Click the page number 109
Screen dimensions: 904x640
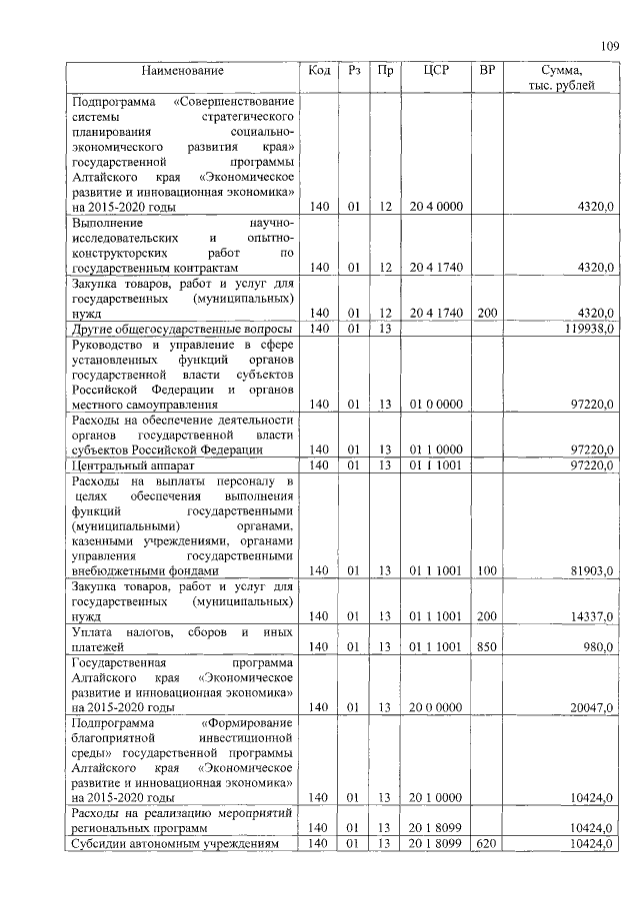tap(610, 44)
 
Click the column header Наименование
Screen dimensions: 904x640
tap(182, 71)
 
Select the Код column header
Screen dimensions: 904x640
tap(319, 71)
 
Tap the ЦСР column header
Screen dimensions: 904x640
tap(435, 71)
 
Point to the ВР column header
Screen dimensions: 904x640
tap(487, 71)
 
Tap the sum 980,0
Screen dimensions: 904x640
tap(597, 647)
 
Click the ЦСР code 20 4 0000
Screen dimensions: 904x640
tap(435, 207)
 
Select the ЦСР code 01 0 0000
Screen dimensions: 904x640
tap(435, 405)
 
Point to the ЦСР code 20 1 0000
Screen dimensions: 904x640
tap(435, 798)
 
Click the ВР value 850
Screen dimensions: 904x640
tap(487, 647)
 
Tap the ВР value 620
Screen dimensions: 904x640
tap(487, 844)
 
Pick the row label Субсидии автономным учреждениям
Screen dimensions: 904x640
tap(180, 844)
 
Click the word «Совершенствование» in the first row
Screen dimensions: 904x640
tap(233, 101)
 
